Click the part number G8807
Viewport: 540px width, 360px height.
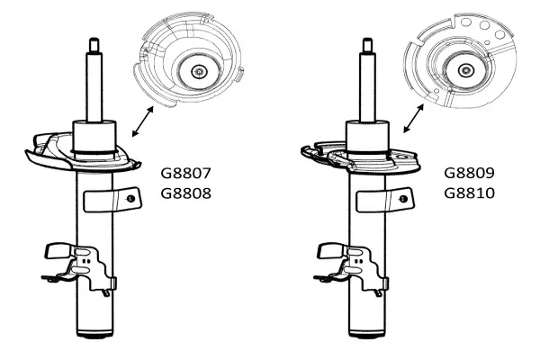(x=185, y=173)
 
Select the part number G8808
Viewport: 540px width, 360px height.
(x=185, y=193)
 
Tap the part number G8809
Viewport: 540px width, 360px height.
(x=469, y=173)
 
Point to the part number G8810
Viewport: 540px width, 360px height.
(x=469, y=193)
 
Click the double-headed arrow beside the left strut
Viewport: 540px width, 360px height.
(x=142, y=121)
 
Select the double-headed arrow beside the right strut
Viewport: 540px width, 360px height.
(x=414, y=118)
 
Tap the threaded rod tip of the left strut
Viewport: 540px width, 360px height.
(x=94, y=45)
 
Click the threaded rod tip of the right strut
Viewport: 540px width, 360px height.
(x=367, y=45)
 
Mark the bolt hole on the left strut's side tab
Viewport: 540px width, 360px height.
(x=130, y=199)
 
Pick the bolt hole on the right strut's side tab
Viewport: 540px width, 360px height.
(x=403, y=199)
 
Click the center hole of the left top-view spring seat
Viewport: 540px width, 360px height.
(x=199, y=72)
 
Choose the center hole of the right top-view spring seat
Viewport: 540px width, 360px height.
(x=465, y=70)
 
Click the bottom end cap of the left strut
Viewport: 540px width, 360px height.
(x=94, y=334)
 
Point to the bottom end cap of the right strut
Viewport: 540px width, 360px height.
(x=367, y=334)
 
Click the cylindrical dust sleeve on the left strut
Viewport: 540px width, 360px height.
(x=94, y=137)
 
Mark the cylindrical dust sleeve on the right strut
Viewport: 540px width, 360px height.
(x=367, y=137)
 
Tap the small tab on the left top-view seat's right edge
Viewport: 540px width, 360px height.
(x=239, y=75)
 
